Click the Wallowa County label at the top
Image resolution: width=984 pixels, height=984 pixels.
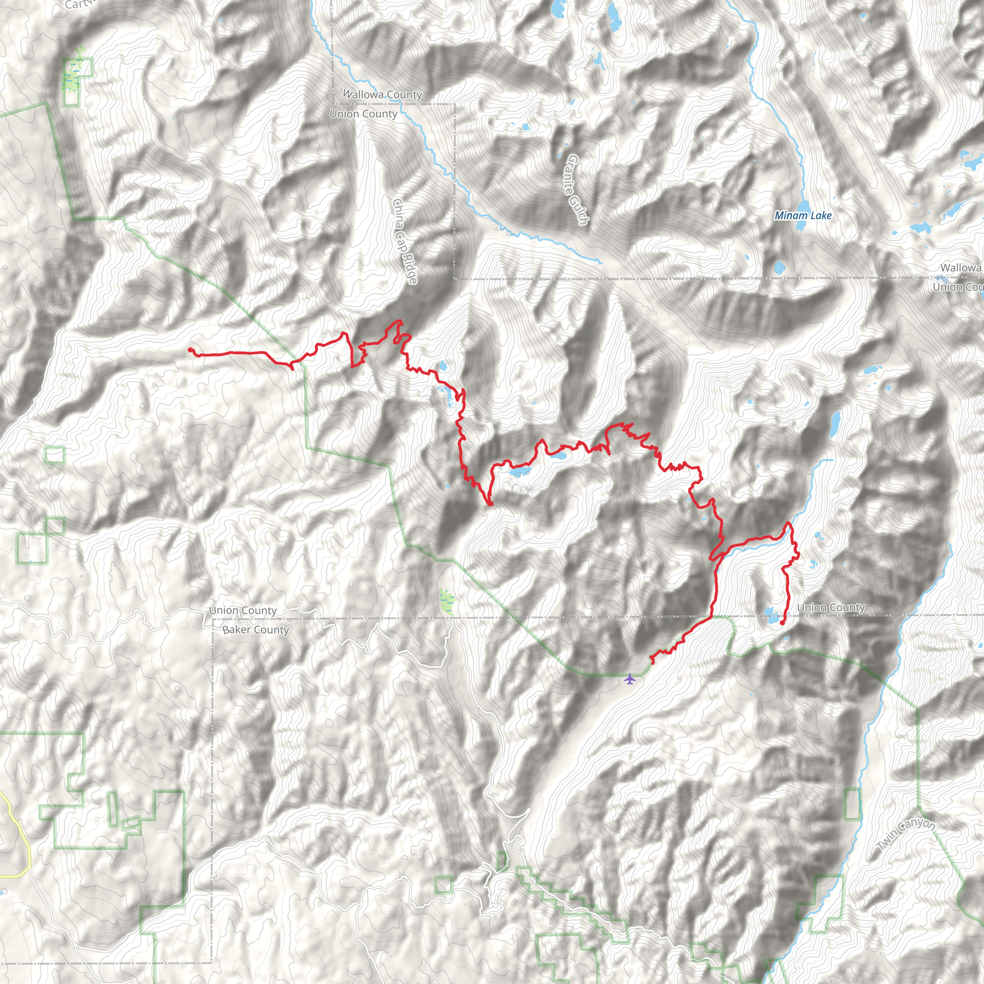[382, 94]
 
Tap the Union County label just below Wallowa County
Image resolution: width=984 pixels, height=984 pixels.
[363, 113]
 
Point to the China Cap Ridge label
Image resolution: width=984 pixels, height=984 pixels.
[406, 241]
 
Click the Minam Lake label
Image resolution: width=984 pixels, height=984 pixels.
[803, 215]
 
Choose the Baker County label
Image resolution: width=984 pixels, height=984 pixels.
[256, 629]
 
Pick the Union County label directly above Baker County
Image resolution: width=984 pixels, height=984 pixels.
[243, 610]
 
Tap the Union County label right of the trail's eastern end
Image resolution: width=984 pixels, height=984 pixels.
[831, 608]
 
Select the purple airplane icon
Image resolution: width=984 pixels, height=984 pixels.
[630, 679]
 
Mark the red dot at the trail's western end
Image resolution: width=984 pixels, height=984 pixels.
[190, 350]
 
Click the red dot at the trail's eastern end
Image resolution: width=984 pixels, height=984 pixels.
[782, 622]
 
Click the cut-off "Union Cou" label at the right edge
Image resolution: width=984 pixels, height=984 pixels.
[958, 287]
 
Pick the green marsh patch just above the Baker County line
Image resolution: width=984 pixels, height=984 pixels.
[446, 602]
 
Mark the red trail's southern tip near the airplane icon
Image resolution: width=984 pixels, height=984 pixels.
[652, 663]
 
